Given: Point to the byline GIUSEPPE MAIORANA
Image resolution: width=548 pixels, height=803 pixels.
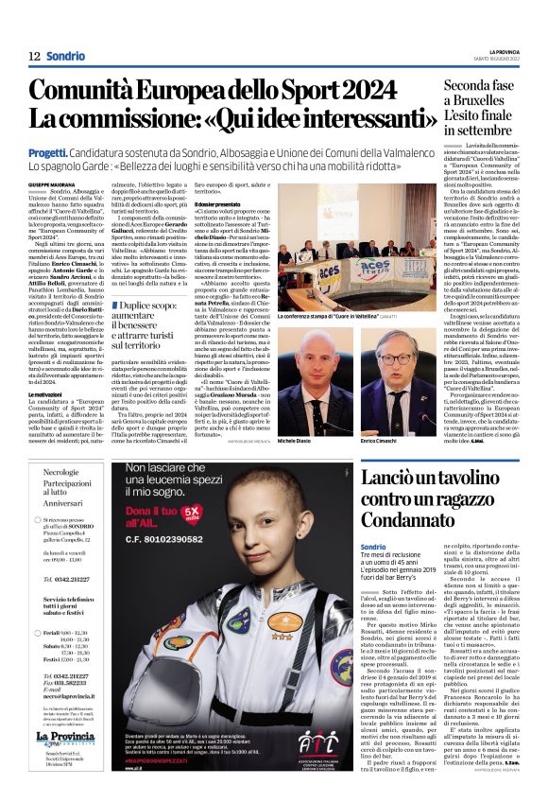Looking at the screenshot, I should [50, 183].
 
